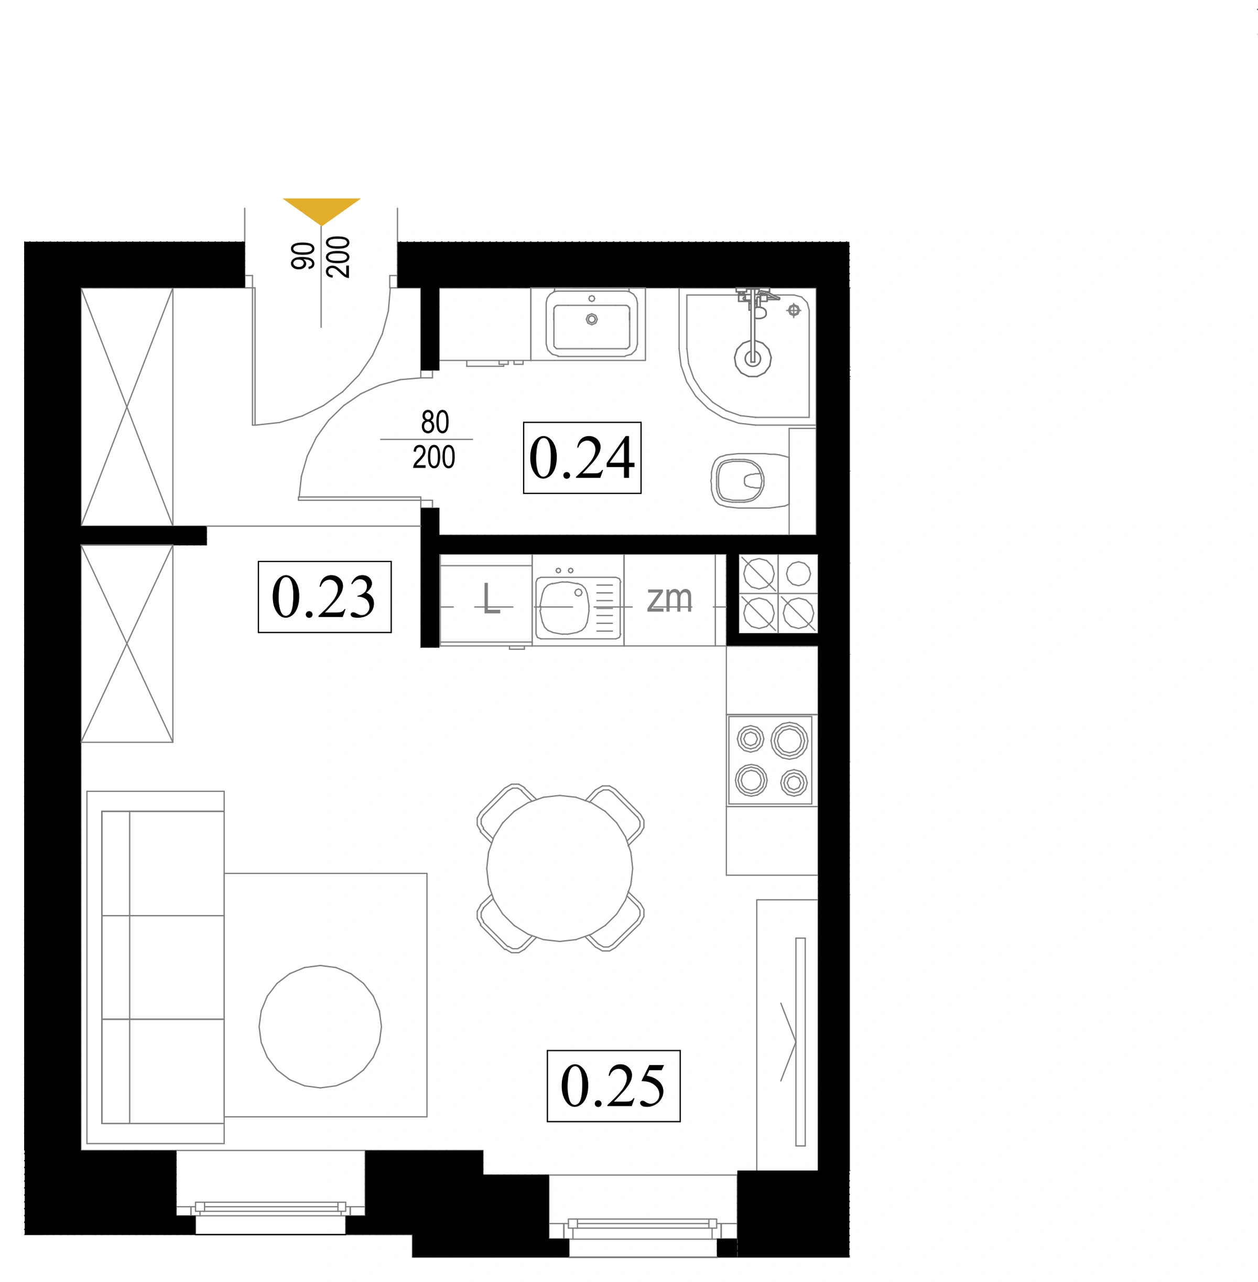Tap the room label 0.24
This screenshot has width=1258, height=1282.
pyautogui.click(x=582, y=457)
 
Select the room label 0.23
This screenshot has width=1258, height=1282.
pyautogui.click(x=324, y=597)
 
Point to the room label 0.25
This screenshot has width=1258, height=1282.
pyautogui.click(x=613, y=1086)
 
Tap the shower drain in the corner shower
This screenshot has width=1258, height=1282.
pyautogui.click(x=753, y=359)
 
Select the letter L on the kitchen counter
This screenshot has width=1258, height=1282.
pyautogui.click(x=490, y=599)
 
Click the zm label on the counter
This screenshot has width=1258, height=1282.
pyautogui.click(x=669, y=599)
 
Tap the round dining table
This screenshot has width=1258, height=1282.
pyautogui.click(x=560, y=868)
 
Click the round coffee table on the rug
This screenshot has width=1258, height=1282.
pyautogui.click(x=320, y=1026)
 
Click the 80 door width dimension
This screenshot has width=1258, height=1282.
pyautogui.click(x=435, y=422)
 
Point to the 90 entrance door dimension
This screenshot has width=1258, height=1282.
pyautogui.click(x=303, y=256)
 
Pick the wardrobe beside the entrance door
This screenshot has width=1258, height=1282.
pyautogui.click(x=127, y=407)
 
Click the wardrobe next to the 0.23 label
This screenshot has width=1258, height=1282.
pyautogui.click(x=127, y=643)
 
